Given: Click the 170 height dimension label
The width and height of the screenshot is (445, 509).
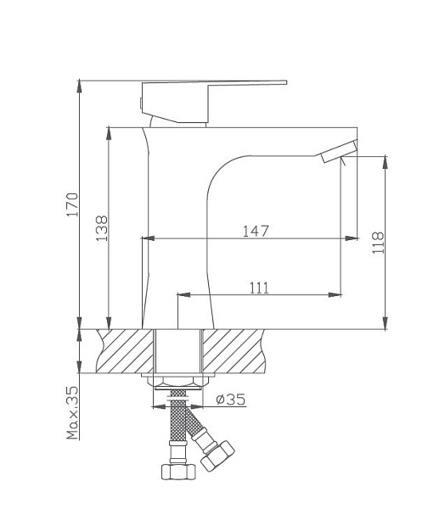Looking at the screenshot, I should [x=74, y=205].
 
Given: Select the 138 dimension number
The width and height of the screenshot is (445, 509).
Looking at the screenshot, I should [x=102, y=227].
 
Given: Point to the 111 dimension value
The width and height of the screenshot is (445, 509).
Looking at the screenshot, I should [x=259, y=288].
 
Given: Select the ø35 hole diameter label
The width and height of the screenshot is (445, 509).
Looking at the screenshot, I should [x=230, y=400].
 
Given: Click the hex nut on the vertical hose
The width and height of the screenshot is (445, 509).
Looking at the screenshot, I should [x=177, y=470].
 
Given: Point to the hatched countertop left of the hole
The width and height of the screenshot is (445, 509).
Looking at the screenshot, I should [x=128, y=350].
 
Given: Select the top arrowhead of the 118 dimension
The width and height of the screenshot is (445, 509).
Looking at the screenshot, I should [x=386, y=160].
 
